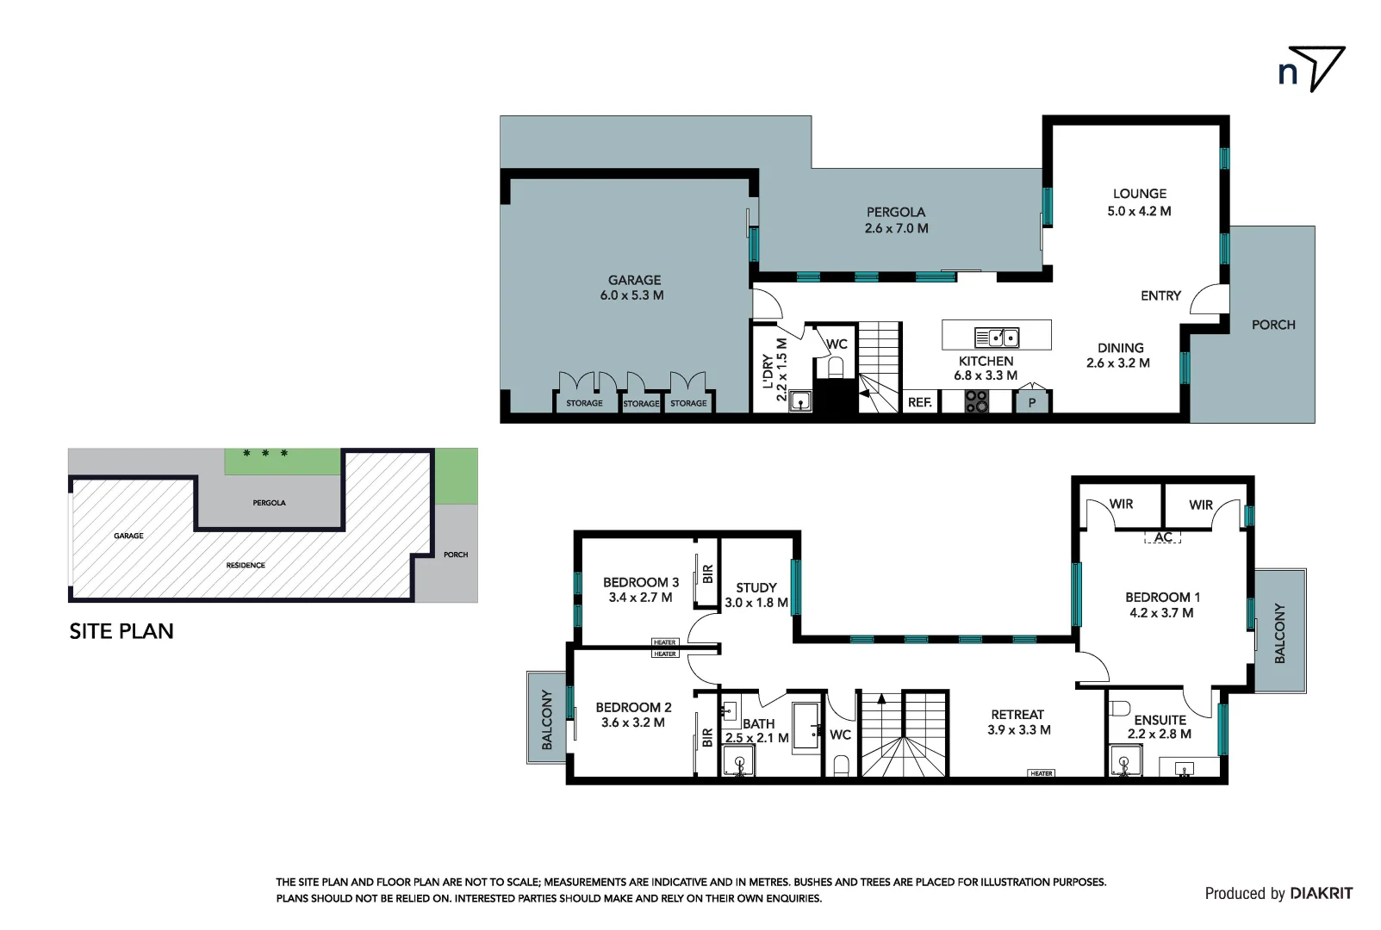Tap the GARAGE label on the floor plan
pos(634,280)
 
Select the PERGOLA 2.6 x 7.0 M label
pos(896,220)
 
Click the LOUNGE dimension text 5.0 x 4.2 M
pos(1139,211)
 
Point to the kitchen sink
pos(997,337)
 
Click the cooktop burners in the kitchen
pos(976,401)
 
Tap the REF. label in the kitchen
pos(919,402)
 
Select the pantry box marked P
pos(1031,402)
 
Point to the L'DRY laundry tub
pos(801,401)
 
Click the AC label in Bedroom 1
pos(1163,537)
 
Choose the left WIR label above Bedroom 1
pos(1121,504)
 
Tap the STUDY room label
pos(756,587)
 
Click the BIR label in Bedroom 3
pos(707,573)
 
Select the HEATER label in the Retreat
pos(1041,773)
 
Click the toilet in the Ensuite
pos(1119,709)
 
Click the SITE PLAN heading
pos(121,631)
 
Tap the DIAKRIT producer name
pos(1322,893)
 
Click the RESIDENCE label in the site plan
pos(246,565)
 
